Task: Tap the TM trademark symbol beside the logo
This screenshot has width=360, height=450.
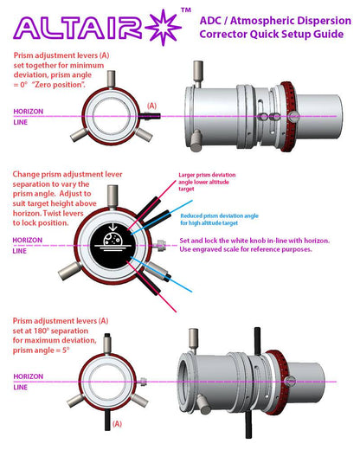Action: point(185,10)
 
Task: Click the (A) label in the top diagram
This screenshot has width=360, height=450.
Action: point(153,105)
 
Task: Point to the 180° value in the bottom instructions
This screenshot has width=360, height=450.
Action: point(50,330)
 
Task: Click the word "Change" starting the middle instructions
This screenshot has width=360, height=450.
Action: point(27,176)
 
